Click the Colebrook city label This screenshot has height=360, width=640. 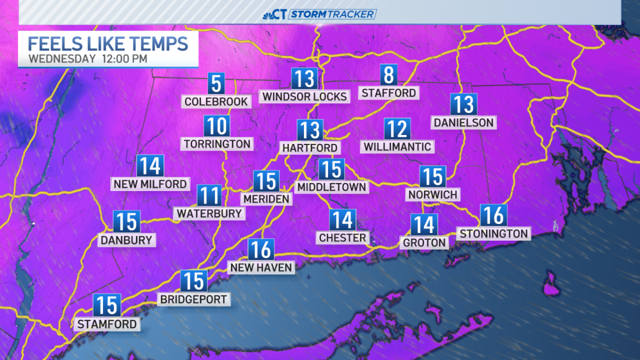point(216,101)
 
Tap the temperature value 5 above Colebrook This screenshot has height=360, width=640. point(216,84)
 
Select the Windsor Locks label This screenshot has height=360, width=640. point(305,97)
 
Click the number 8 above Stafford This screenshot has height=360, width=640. point(389,76)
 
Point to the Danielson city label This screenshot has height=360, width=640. point(463,122)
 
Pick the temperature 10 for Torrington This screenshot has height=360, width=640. point(217,126)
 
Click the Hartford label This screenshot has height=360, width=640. point(310,147)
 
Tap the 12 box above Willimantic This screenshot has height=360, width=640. point(397,129)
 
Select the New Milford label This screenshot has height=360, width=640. point(150,184)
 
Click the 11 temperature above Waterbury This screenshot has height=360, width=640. point(209,196)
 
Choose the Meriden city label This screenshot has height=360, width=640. point(266,198)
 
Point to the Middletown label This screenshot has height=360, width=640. point(332,187)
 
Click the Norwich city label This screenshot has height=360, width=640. point(433,194)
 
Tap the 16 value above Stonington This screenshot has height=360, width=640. point(493,215)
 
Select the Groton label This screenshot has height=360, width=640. point(425,243)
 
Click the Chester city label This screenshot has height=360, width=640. point(342,237)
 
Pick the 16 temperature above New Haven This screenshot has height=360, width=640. point(261,250)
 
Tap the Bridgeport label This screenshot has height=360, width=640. point(194,299)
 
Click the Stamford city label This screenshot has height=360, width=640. point(107,324)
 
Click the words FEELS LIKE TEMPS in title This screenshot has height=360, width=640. point(108,43)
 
